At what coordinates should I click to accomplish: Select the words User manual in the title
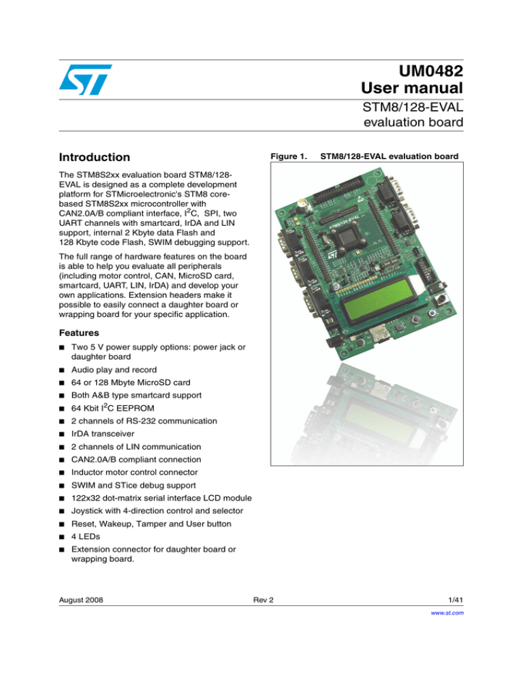413,88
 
